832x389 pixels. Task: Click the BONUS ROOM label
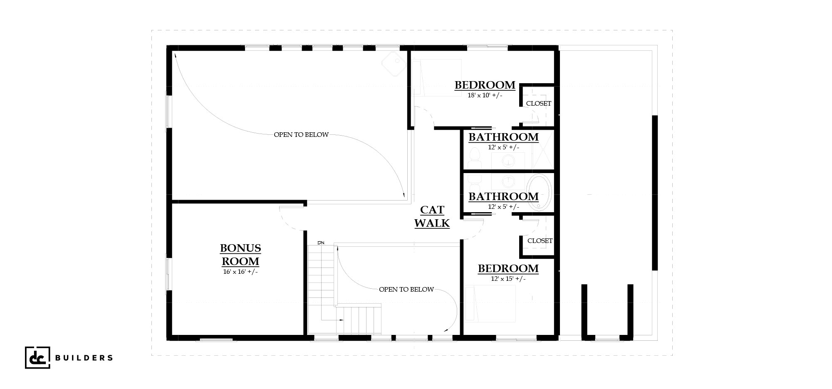(240, 255)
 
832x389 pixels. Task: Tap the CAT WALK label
(432, 217)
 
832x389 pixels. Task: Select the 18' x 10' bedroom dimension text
(485, 95)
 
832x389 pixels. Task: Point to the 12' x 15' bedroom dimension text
(508, 278)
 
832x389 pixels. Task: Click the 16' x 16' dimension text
(240, 272)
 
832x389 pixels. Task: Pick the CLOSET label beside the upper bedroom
(539, 104)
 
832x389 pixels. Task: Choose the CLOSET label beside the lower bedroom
(540, 241)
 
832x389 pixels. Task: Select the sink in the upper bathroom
(508, 161)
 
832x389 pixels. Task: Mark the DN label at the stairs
(321, 243)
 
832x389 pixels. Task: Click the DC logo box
(37, 357)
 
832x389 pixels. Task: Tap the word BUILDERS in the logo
(84, 357)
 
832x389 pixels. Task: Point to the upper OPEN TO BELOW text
(301, 135)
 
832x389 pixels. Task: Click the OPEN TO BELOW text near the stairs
(406, 290)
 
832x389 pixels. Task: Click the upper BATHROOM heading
(503, 137)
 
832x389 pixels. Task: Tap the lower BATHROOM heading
(503, 196)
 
